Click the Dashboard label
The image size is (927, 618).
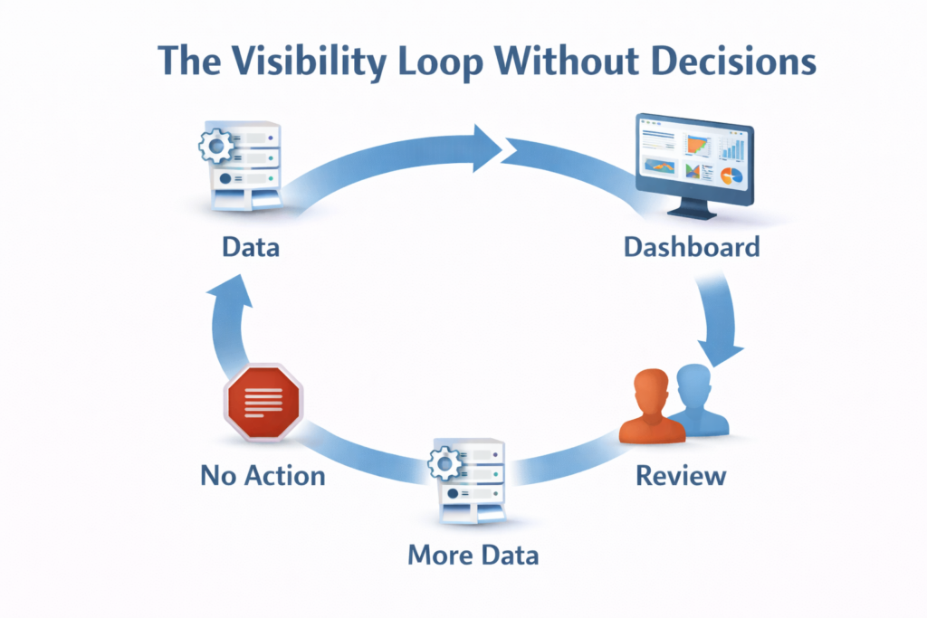pos(692,246)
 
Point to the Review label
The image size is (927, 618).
pos(680,474)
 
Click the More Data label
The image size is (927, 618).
pos(473,554)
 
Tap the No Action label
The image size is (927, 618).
pos(263,474)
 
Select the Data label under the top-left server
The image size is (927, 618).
pos(251,246)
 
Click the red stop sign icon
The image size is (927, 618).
pos(263,399)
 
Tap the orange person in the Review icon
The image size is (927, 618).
pos(650,411)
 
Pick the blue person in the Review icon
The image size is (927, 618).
pos(698,399)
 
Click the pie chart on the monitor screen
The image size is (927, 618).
pos(732,173)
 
